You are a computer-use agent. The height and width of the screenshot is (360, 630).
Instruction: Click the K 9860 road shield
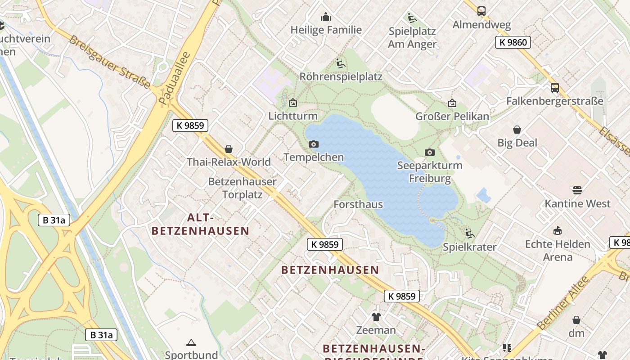513,42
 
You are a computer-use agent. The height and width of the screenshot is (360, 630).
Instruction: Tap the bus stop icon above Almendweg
481,11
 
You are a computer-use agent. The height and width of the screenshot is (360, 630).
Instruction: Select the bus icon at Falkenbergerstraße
555,88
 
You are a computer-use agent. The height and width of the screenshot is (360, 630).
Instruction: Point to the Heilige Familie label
326,30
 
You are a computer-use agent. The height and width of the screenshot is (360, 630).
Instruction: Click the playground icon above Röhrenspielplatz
341,63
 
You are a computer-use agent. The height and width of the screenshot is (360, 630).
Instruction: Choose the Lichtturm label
293,116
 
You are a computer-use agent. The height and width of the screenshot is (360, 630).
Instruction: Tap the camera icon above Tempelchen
314,144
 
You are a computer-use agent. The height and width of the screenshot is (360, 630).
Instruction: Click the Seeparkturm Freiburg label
430,172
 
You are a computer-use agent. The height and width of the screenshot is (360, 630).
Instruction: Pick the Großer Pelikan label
452,117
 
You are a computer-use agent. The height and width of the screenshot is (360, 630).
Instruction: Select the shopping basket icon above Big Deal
517,130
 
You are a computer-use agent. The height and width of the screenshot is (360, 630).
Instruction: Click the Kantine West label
578,203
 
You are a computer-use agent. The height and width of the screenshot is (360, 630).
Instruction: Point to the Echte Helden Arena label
558,251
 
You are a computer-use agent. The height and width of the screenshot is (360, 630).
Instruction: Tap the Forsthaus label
358,204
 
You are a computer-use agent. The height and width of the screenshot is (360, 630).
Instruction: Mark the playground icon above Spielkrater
470,234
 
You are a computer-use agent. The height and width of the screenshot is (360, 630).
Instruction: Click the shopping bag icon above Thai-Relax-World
229,149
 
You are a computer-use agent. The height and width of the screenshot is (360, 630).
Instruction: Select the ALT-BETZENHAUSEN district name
200,224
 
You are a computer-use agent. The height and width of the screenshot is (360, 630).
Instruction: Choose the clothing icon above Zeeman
376,317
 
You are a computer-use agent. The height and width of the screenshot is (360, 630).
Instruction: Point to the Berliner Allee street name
563,302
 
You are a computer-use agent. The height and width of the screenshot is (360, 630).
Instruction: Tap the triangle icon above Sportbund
191,343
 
